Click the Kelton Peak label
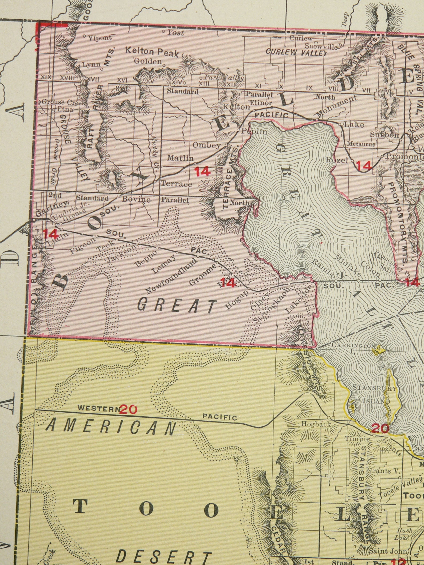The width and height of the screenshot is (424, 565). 152,52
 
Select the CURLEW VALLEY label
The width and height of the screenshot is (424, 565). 296,53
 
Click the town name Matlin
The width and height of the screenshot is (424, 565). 180,158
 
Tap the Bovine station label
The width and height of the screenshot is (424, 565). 136,199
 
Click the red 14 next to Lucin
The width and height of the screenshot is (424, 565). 51,234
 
